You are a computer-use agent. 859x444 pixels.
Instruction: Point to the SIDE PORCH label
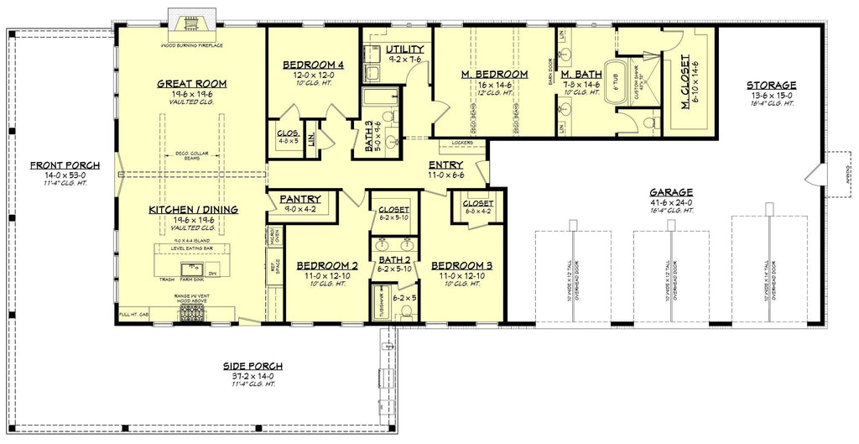[252, 366]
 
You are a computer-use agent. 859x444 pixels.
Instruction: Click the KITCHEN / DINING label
[194, 209]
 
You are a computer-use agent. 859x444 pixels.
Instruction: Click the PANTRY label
[301, 199]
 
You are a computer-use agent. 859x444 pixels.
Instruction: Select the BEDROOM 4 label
[313, 65]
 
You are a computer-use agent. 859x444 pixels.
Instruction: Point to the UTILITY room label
[404, 50]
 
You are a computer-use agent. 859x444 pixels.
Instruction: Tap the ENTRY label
[445, 165]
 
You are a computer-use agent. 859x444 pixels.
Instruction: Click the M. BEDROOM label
[495, 75]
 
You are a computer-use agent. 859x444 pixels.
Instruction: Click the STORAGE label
[770, 85]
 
